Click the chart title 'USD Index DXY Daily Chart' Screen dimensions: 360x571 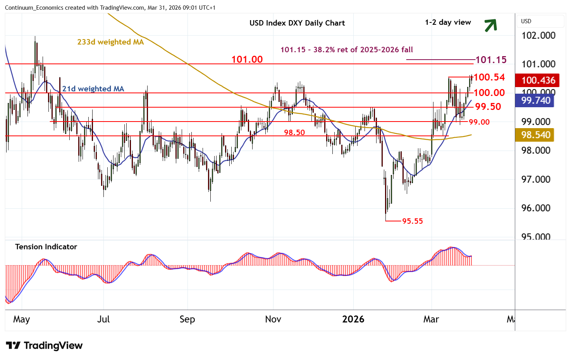coord(297,23)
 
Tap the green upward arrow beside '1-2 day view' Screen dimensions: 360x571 coord(490,25)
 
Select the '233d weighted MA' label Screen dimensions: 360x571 coord(110,42)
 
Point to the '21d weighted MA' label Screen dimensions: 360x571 coord(93,89)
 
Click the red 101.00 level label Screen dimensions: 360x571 coord(247,59)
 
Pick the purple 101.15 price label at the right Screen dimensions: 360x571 coord(491,60)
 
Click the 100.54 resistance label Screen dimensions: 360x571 coord(489,77)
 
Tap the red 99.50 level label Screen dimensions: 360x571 coord(488,106)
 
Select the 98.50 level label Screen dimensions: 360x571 coord(294,132)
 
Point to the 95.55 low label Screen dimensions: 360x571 coord(412,221)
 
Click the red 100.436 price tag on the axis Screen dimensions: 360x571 coord(538,80)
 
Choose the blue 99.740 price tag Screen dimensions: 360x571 coord(536,100)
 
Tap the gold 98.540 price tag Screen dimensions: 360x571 coord(536,135)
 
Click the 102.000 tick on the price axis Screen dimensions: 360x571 coord(538,35)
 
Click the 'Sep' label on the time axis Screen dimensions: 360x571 coord(187,319)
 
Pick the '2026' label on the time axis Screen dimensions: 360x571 coord(353,319)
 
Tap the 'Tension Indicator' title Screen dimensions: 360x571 coord(46,247)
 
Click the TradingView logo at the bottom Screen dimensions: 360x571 coord(44,345)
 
